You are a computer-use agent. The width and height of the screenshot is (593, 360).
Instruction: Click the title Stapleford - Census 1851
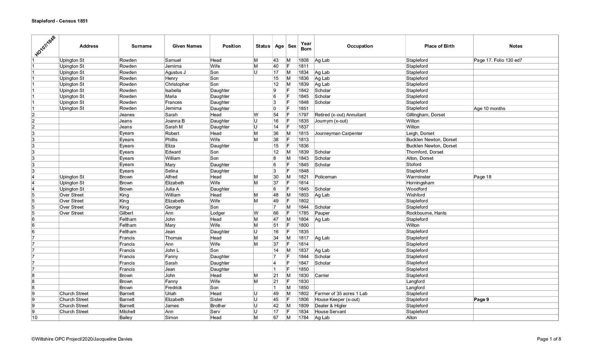pyautogui.click(x=59, y=21)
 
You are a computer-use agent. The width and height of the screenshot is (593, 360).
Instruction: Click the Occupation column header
pyautogui.click(x=360, y=46)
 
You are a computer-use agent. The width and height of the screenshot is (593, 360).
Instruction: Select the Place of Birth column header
pyautogui.click(x=439, y=46)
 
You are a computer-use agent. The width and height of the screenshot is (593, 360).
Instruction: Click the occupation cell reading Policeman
pyautogui.click(x=325, y=177)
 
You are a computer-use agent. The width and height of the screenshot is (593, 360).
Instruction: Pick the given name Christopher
pyautogui.click(x=177, y=84)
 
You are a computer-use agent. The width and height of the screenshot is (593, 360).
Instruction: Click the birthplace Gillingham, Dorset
pyautogui.click(x=425, y=115)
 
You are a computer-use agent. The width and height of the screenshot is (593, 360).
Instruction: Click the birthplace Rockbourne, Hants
pyautogui.click(x=426, y=213)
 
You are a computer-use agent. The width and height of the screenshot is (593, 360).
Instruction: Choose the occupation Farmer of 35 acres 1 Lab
pyautogui.click(x=341, y=294)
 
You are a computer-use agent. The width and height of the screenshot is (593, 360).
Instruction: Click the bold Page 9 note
pyautogui.click(x=481, y=300)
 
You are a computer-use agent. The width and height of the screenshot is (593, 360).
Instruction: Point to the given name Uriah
pyautogui.click(x=171, y=294)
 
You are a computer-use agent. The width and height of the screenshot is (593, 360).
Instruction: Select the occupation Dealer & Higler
pyautogui.click(x=330, y=306)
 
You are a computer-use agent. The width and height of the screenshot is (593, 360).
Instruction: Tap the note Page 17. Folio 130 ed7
pyautogui.click(x=498, y=60)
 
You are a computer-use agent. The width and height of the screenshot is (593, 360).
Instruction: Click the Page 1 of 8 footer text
pyautogui.click(x=549, y=339)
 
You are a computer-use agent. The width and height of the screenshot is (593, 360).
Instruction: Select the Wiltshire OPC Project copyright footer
pyautogui.click(x=82, y=339)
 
